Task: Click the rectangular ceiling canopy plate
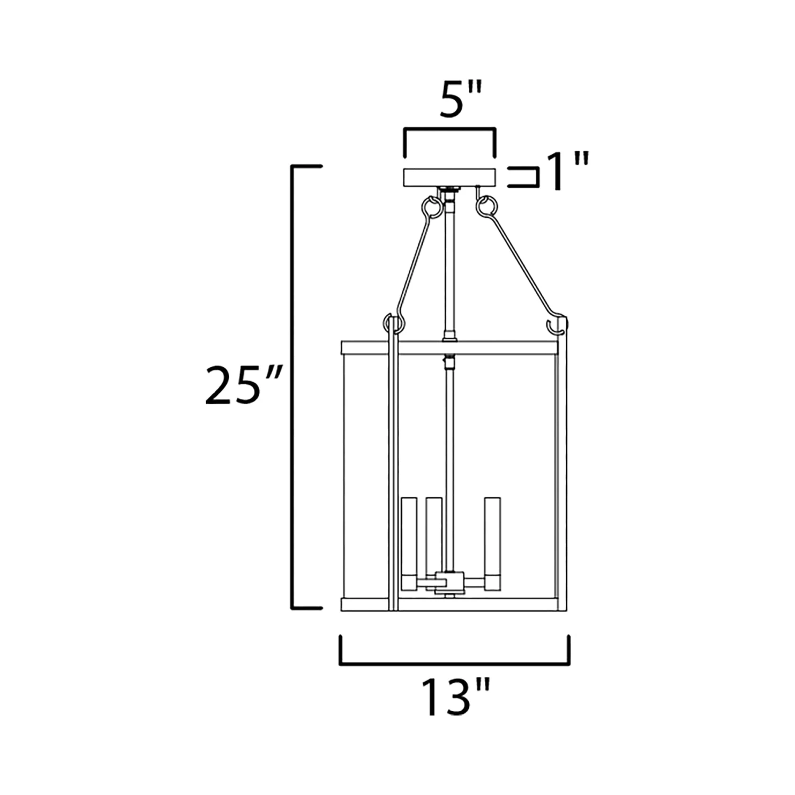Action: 450,177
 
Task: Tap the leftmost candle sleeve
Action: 410,543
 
